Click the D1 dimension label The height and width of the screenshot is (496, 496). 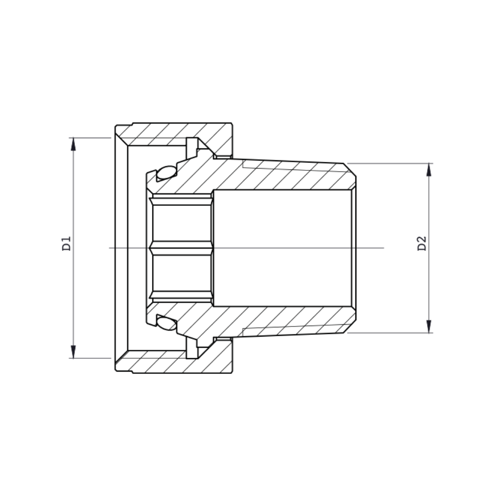coord(67,243)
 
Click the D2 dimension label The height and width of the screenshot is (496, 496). coord(422,243)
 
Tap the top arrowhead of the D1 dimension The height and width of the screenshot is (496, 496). coord(73,144)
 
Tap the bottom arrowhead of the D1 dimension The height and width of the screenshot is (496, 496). coord(73,352)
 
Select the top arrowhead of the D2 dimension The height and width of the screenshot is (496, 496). coord(429,169)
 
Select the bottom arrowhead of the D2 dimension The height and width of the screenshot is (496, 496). coord(429,327)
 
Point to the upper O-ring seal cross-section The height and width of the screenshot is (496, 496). coord(166,173)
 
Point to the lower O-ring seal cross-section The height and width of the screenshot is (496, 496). coord(166,323)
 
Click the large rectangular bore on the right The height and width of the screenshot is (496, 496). coord(282,248)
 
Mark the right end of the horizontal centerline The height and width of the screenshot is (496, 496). coord(383,248)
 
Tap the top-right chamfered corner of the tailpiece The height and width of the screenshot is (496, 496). coord(350,169)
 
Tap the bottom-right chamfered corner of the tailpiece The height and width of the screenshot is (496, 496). coord(350,327)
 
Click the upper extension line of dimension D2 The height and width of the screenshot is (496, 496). coord(390,163)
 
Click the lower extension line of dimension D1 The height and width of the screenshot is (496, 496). coord(92,358)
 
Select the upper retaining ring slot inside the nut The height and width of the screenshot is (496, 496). coord(192,147)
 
